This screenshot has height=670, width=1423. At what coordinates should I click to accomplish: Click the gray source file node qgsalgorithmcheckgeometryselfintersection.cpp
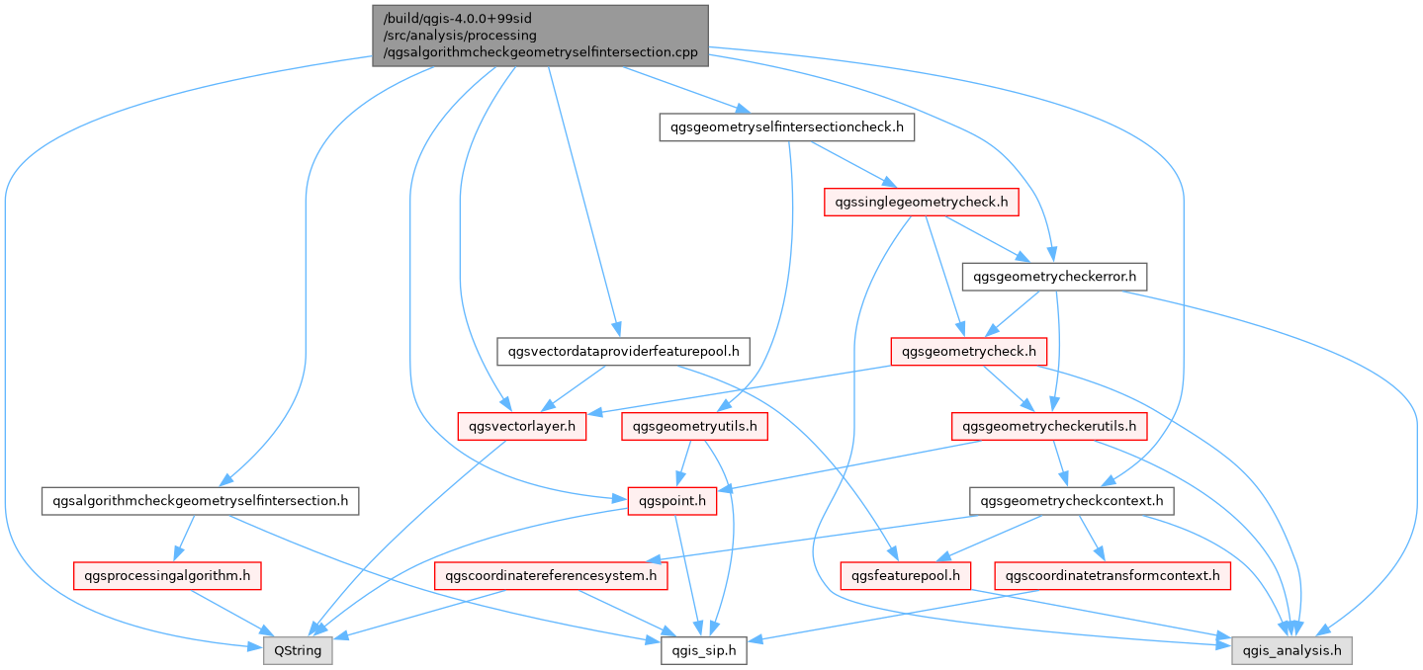tap(540, 36)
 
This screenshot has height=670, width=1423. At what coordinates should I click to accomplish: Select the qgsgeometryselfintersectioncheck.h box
tap(786, 127)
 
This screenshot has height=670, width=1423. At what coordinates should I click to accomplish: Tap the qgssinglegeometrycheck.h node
tap(922, 203)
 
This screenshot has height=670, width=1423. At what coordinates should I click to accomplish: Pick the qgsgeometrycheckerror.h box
tap(1054, 277)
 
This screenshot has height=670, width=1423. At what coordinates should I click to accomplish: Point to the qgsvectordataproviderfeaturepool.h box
tap(623, 351)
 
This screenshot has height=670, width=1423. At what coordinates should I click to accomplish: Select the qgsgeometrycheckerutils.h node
tap(1049, 426)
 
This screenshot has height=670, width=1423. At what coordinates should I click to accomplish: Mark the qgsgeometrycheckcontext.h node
tap(1072, 501)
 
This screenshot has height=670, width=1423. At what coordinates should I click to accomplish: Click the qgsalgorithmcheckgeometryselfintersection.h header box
tap(200, 501)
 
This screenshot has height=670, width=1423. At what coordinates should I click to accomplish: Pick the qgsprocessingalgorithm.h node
tap(167, 575)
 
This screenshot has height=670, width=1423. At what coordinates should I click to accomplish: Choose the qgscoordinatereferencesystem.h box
tap(551, 575)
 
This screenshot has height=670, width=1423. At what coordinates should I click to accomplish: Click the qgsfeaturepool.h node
tap(906, 575)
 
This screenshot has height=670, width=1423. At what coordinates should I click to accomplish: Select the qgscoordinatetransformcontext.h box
tap(1112, 575)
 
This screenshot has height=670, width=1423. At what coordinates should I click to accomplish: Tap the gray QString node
tap(298, 651)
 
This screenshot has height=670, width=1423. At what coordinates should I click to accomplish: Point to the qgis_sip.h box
tap(703, 651)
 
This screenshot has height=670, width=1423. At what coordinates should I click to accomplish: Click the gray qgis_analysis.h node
tap(1291, 651)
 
